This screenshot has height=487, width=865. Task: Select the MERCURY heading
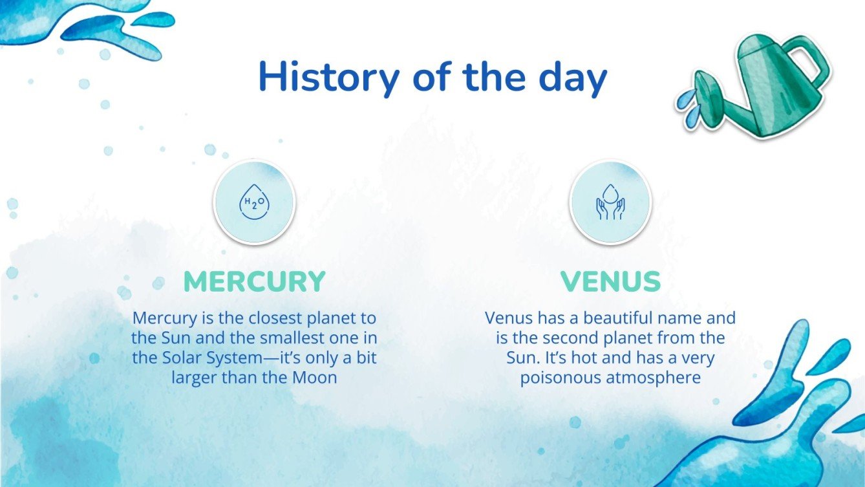tap(255, 281)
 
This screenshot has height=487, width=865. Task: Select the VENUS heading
tap(610, 281)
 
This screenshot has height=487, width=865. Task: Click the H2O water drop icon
tap(255, 202)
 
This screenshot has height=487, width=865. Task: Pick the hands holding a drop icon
tap(610, 202)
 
